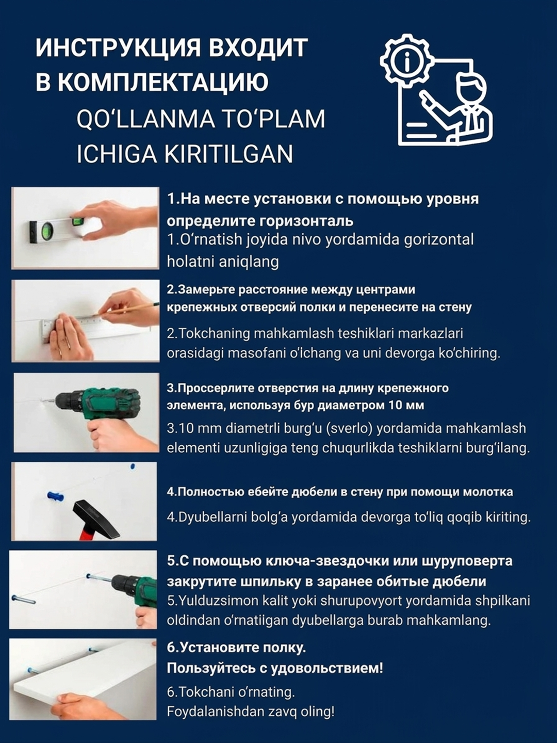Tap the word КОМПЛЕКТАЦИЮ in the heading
point(162,82)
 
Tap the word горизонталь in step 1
point(306,221)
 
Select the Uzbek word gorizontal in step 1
point(439,239)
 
